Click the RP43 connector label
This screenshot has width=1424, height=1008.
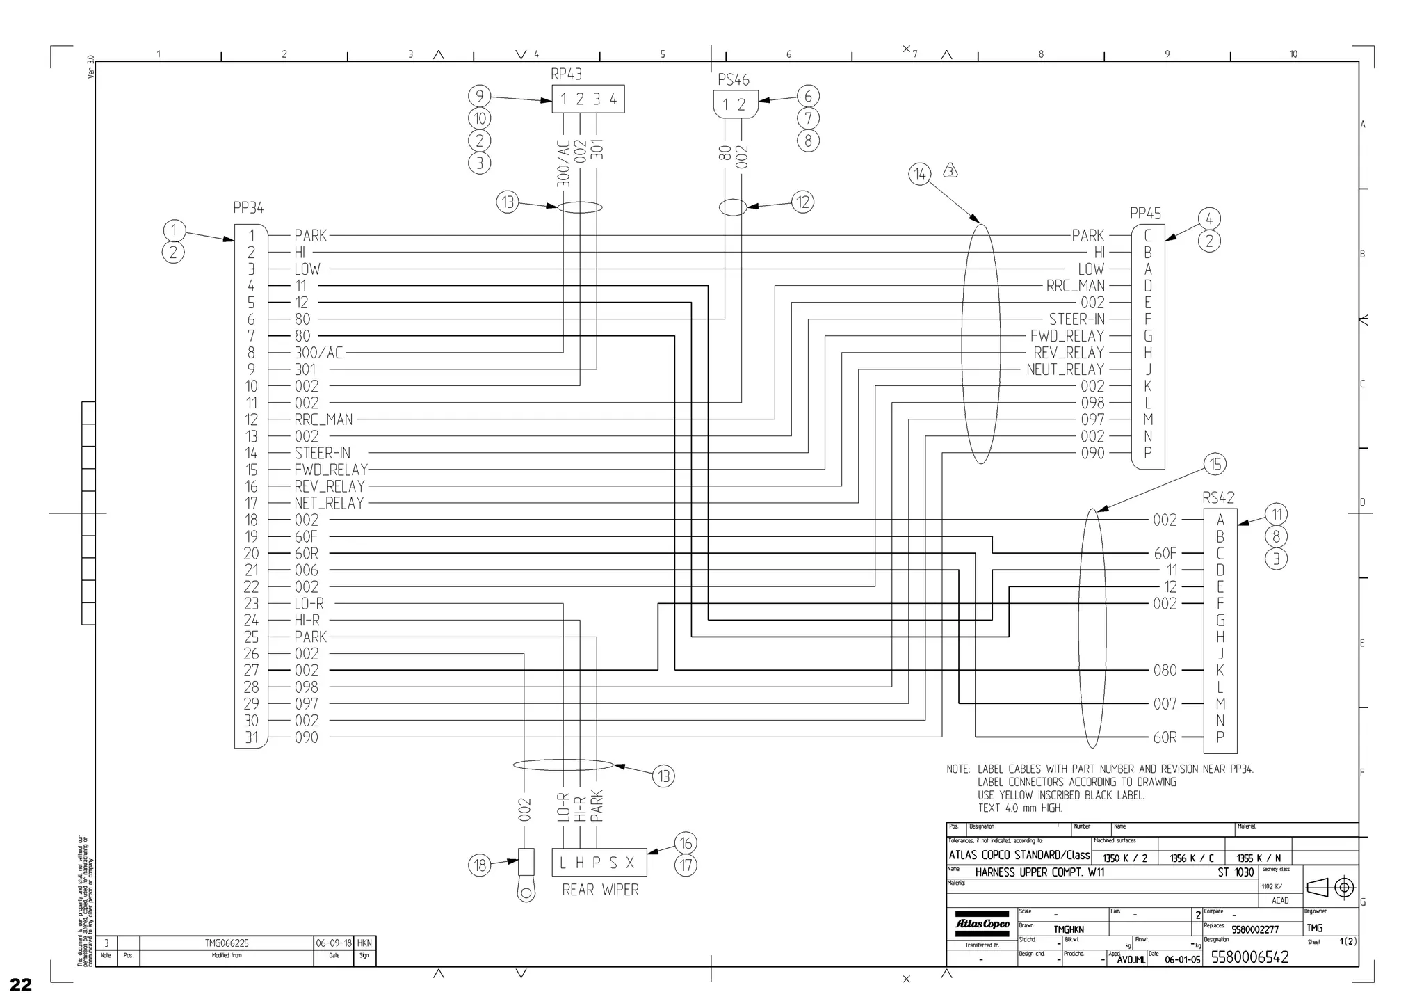click(x=566, y=74)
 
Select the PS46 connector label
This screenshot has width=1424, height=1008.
click(x=734, y=80)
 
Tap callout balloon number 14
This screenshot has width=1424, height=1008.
click(x=920, y=174)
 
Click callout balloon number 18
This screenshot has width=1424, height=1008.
click(x=480, y=865)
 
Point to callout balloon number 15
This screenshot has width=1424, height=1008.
click(x=1215, y=464)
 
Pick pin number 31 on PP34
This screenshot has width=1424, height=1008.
click(x=251, y=737)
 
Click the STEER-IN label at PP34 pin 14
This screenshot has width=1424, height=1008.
click(x=323, y=454)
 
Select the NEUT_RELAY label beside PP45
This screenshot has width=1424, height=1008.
click(x=1065, y=369)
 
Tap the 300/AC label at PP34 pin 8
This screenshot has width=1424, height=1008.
click(x=318, y=353)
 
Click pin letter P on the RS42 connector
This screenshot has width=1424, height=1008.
click(x=1220, y=737)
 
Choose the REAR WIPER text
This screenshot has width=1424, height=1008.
click(x=600, y=890)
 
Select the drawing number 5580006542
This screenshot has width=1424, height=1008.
click(x=1249, y=957)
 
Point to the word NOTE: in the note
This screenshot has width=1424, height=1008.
click(x=958, y=769)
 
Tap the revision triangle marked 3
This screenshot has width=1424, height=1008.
click(x=950, y=170)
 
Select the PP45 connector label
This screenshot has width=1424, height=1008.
click(x=1145, y=214)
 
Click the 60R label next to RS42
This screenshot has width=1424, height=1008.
click(x=1165, y=737)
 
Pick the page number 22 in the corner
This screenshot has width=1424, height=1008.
click(x=21, y=984)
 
